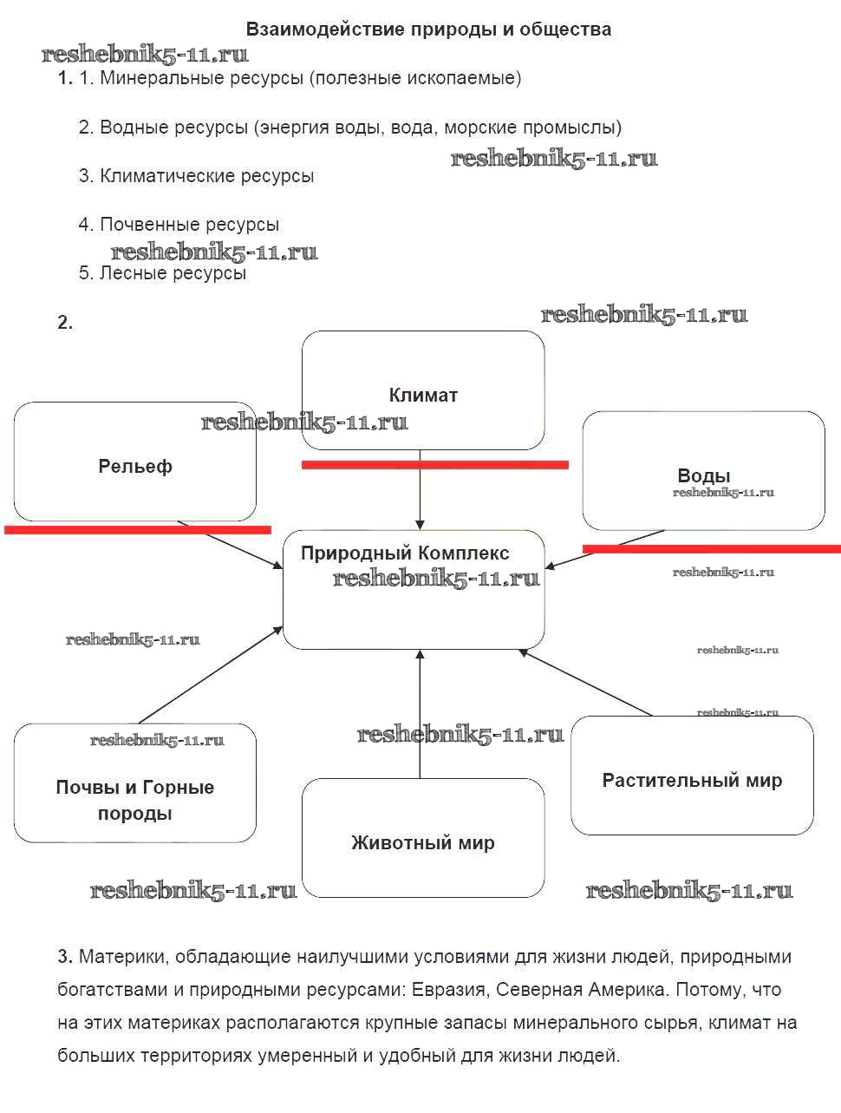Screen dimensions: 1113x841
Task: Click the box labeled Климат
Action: click(423, 390)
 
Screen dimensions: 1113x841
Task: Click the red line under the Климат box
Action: click(434, 465)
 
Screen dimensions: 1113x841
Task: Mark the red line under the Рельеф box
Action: click(138, 529)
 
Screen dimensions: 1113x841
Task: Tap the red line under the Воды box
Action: click(711, 548)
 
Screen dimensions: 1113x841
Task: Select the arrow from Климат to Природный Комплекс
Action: click(420, 490)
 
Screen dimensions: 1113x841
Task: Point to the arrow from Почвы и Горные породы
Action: click(211, 675)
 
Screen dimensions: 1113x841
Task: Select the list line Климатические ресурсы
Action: click(196, 175)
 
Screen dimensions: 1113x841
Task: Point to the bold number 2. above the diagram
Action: click(65, 323)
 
